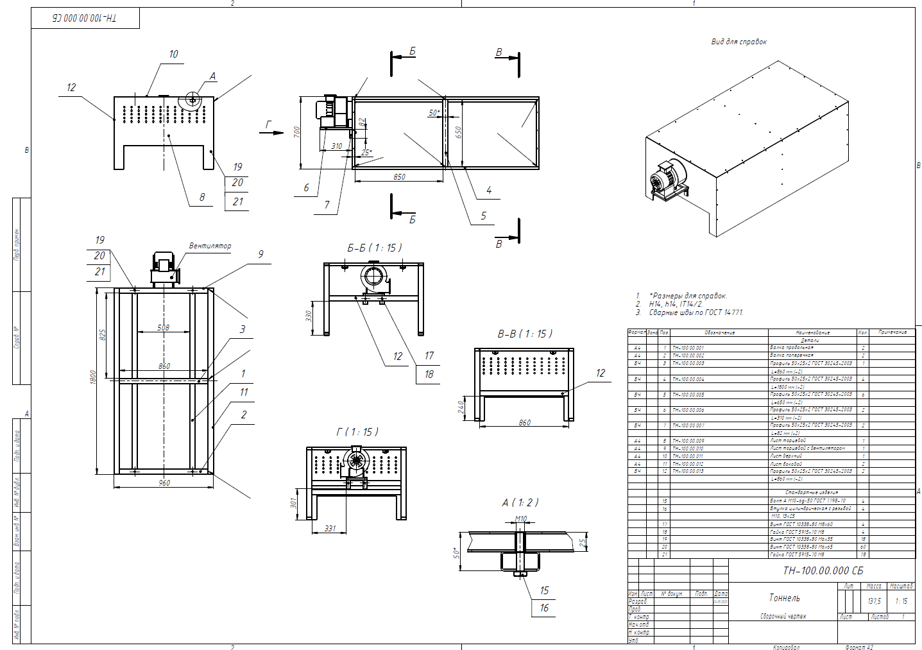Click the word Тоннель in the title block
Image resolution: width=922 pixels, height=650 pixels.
(x=784, y=598)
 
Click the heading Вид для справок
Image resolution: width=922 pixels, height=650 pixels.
(x=738, y=42)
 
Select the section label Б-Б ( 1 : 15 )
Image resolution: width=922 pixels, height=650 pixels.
(x=375, y=248)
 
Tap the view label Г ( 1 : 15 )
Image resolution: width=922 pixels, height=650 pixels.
(x=357, y=432)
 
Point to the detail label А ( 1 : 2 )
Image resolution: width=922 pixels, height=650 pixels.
(x=520, y=502)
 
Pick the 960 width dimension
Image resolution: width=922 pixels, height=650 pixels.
(x=164, y=483)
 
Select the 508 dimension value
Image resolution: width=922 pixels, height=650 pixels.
(x=164, y=327)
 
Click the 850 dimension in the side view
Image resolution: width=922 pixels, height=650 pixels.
(x=399, y=176)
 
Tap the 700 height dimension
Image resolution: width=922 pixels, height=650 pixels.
(x=296, y=132)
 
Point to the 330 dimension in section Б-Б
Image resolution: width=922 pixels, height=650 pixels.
(x=309, y=316)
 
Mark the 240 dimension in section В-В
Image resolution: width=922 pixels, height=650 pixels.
(x=461, y=408)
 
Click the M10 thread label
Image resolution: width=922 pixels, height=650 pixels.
(x=521, y=518)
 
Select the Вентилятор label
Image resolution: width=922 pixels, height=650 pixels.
(x=210, y=246)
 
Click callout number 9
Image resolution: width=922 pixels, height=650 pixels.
(x=260, y=254)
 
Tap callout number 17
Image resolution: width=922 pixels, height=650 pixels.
(x=429, y=355)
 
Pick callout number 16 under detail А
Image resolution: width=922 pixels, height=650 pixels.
(x=544, y=608)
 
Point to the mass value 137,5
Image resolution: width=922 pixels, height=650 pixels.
(x=874, y=601)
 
